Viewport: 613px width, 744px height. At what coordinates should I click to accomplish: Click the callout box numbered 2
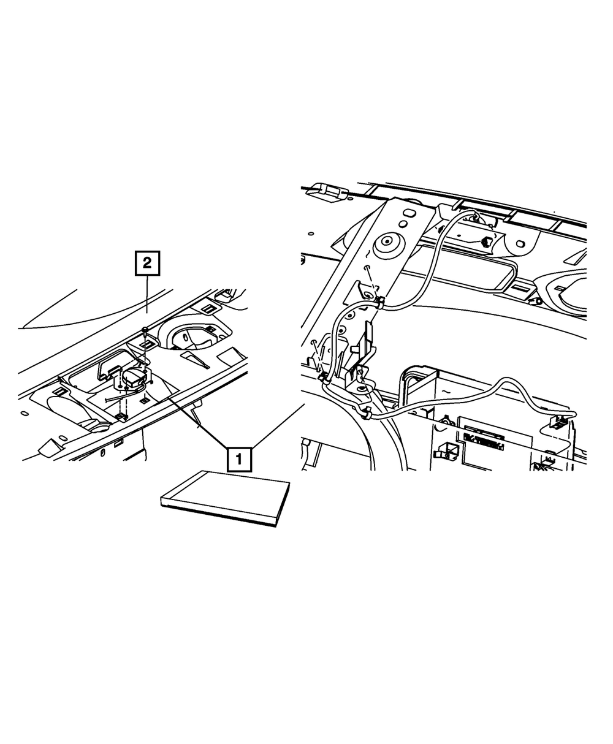point(147,264)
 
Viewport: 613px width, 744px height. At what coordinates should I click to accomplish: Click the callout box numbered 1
point(239,457)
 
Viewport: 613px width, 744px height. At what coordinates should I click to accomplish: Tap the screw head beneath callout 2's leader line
point(143,330)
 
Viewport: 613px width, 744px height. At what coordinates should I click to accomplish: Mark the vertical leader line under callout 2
point(147,300)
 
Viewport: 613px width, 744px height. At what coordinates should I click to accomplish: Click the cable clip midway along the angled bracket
point(379,302)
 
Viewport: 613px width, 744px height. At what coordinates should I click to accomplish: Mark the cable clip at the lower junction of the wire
point(367,416)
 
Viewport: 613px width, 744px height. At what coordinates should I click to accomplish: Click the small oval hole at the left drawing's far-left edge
point(25,414)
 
